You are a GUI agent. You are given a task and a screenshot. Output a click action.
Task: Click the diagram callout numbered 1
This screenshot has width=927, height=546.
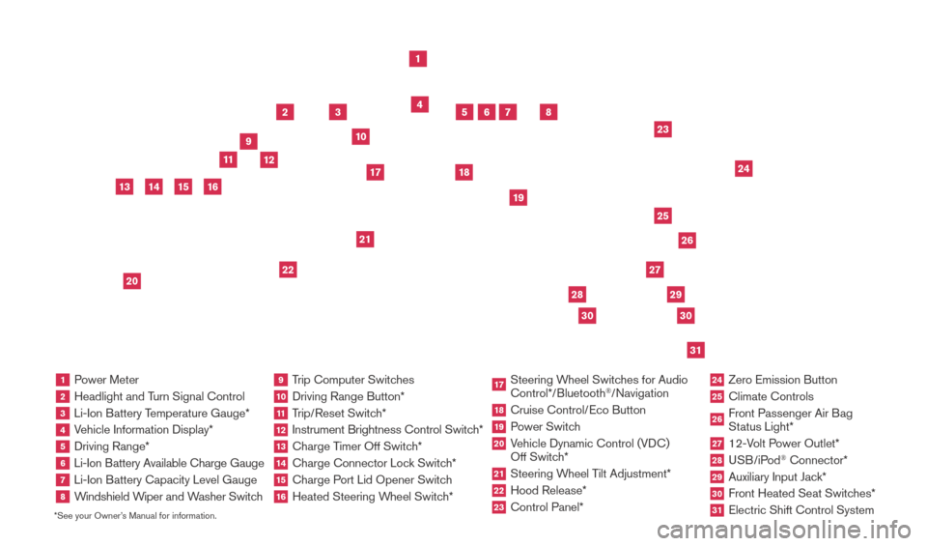pyautogui.click(x=418, y=59)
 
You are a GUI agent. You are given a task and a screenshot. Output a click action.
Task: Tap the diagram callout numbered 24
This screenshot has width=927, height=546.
pyautogui.click(x=744, y=168)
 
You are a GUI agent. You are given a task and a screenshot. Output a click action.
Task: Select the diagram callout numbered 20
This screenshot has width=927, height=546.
pyautogui.click(x=132, y=281)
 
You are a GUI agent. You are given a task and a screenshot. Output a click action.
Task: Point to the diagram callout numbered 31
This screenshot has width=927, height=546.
pyautogui.click(x=695, y=350)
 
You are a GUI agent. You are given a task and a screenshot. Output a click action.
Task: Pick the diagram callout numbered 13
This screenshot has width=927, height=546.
pyautogui.click(x=125, y=187)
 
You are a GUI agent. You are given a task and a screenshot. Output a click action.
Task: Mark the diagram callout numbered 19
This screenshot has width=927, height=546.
pyautogui.click(x=519, y=197)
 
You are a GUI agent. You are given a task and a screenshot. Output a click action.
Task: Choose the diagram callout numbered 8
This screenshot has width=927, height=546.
pyautogui.click(x=548, y=112)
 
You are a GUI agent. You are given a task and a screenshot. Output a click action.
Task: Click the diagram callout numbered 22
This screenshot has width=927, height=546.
pyautogui.click(x=288, y=270)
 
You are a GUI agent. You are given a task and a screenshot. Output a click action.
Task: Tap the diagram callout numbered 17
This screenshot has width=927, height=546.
pyautogui.click(x=376, y=172)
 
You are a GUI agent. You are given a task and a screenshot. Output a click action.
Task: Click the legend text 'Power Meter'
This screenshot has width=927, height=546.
pyautogui.click(x=106, y=380)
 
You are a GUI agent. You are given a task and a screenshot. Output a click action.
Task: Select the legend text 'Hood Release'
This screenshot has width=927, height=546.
pyautogui.click(x=547, y=490)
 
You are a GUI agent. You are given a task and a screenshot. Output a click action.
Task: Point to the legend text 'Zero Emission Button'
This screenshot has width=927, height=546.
pyautogui.click(x=783, y=380)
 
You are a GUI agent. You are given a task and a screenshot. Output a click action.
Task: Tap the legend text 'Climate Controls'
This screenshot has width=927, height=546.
pyautogui.click(x=771, y=396)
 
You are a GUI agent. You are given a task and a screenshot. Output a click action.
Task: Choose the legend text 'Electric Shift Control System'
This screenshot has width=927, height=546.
pyautogui.click(x=801, y=510)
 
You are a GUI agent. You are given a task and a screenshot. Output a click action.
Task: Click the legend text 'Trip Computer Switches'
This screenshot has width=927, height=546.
pyautogui.click(x=353, y=380)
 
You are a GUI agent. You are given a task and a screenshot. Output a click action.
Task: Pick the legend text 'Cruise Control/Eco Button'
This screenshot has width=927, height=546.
pyautogui.click(x=577, y=410)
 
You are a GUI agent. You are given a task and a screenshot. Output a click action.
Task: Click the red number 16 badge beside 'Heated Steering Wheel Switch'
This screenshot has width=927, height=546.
pyautogui.click(x=281, y=497)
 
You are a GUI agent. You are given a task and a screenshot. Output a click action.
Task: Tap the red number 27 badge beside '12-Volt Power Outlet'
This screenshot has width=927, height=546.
pyautogui.click(x=716, y=444)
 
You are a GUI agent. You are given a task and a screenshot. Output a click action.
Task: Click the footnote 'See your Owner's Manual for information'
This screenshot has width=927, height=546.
pyautogui.click(x=135, y=516)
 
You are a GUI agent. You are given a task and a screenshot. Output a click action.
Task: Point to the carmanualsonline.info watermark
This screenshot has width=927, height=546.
pyautogui.click(x=784, y=530)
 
